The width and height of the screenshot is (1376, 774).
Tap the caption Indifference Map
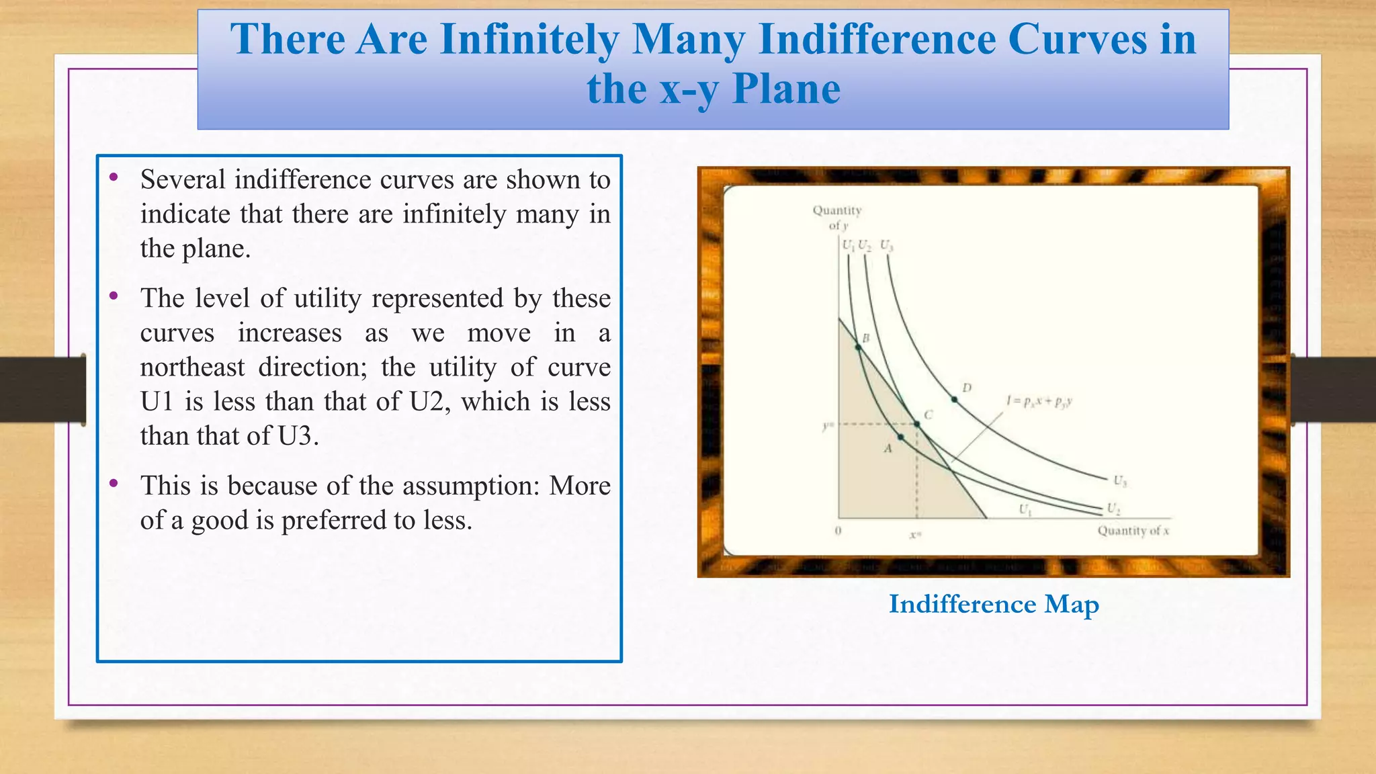point(993,604)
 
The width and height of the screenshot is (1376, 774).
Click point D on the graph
point(954,399)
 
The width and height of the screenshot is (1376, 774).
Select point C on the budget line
point(917,424)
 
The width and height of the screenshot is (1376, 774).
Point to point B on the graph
point(858,347)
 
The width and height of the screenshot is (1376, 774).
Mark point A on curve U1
point(901,437)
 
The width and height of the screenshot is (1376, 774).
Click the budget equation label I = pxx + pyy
point(1039,402)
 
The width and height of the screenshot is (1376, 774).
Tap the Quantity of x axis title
point(1133,531)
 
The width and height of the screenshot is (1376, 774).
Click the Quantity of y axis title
point(836,217)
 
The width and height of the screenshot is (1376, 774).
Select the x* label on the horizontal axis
point(915,535)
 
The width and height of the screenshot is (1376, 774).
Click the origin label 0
point(838,531)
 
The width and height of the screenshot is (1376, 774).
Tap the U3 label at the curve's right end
point(1120,480)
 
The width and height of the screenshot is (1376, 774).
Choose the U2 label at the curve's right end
point(1113,508)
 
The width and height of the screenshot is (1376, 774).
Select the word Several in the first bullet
point(183,180)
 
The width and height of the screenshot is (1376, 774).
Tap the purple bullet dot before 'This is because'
point(114,483)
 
